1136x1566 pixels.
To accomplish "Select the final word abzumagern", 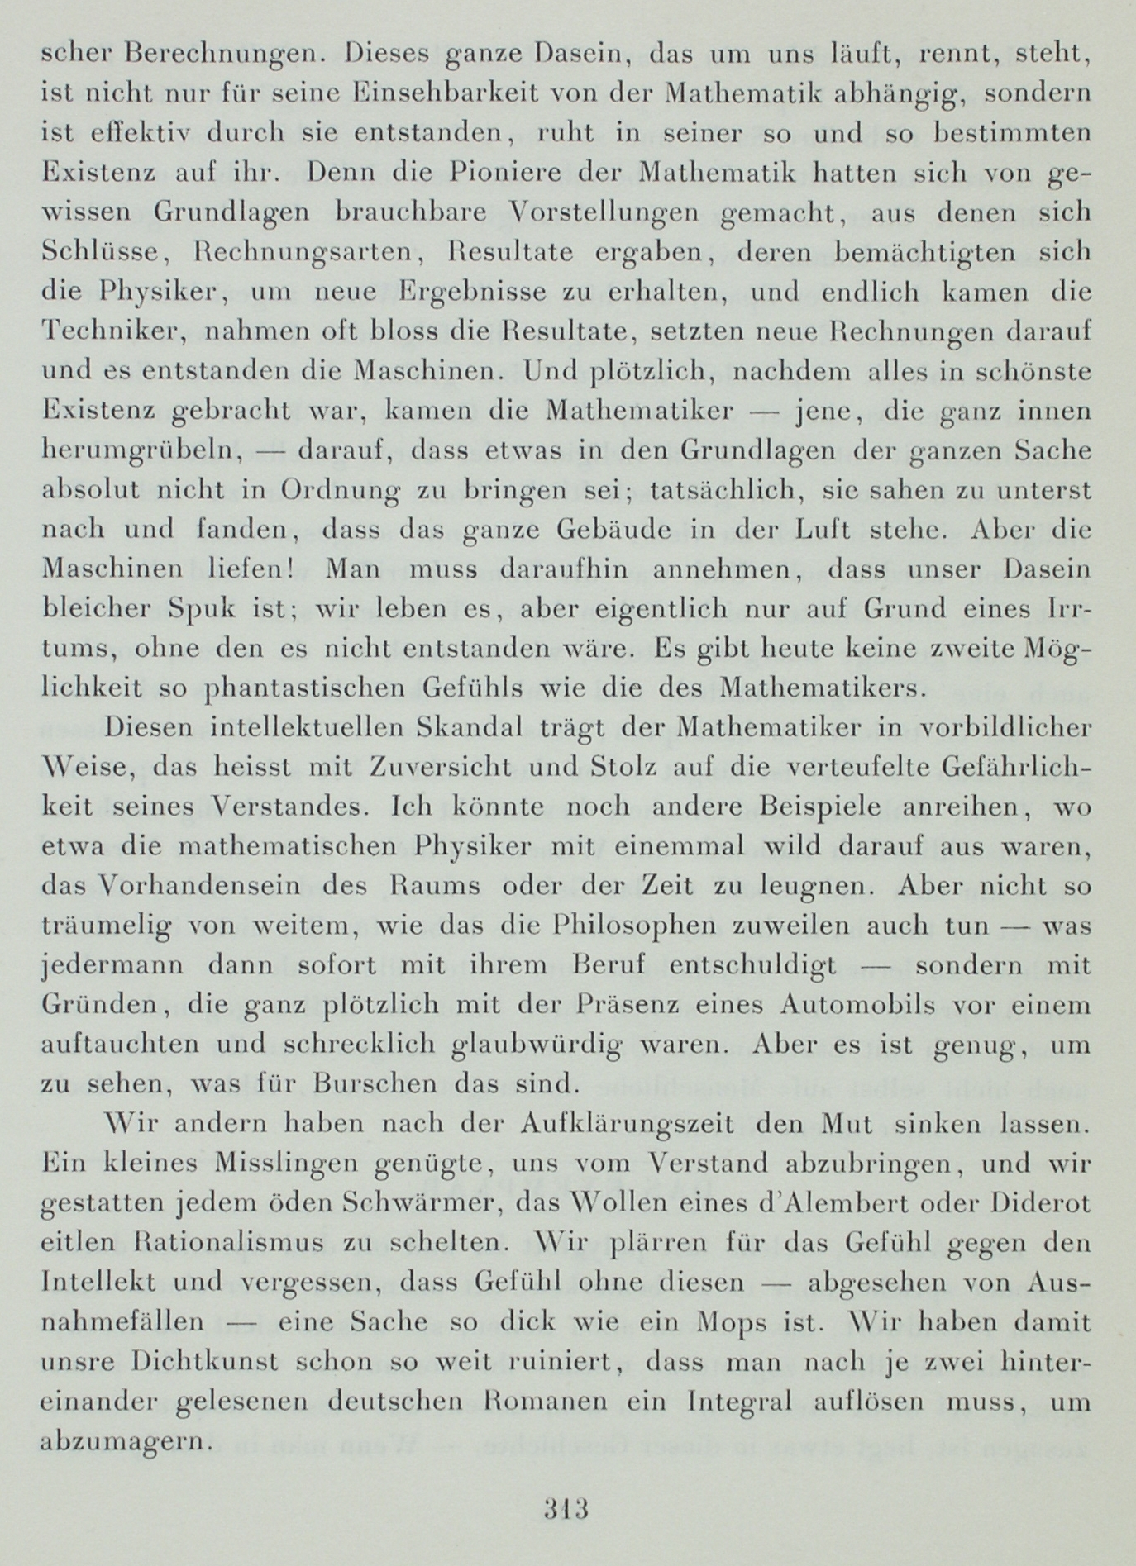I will (122, 1443).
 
